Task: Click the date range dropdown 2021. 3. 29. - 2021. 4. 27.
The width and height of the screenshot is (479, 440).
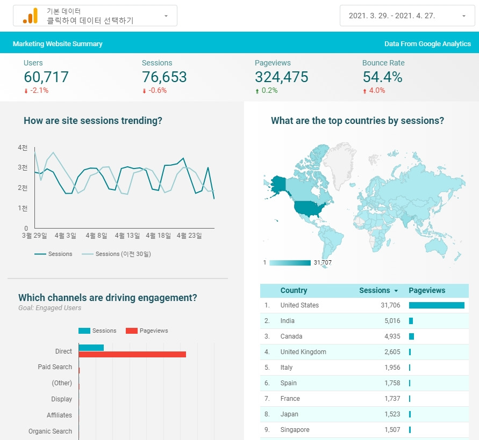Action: point(407,16)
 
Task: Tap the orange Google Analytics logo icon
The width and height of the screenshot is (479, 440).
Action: point(30,16)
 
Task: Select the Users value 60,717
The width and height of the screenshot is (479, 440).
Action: point(46,77)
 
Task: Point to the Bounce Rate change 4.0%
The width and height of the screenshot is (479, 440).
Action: point(377,90)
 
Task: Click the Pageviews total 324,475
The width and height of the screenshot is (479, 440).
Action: point(281,77)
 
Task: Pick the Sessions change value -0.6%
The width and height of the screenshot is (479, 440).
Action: point(158,90)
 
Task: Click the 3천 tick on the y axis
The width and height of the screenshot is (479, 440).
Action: point(23,167)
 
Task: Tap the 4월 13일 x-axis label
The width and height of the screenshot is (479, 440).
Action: point(127,236)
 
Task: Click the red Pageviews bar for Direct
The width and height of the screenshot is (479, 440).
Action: point(132,354)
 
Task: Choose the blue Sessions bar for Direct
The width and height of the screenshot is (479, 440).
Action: point(91,348)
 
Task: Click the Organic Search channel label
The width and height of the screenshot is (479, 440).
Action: point(51,431)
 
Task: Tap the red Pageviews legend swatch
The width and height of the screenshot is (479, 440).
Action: point(132,331)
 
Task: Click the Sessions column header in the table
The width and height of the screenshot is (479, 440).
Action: point(375,290)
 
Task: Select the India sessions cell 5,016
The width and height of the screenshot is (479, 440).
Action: point(392,321)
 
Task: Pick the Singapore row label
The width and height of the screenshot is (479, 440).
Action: point(295,430)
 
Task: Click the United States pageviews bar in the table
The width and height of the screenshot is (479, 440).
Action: point(437,305)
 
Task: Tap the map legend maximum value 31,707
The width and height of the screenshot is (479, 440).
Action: point(323,262)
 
